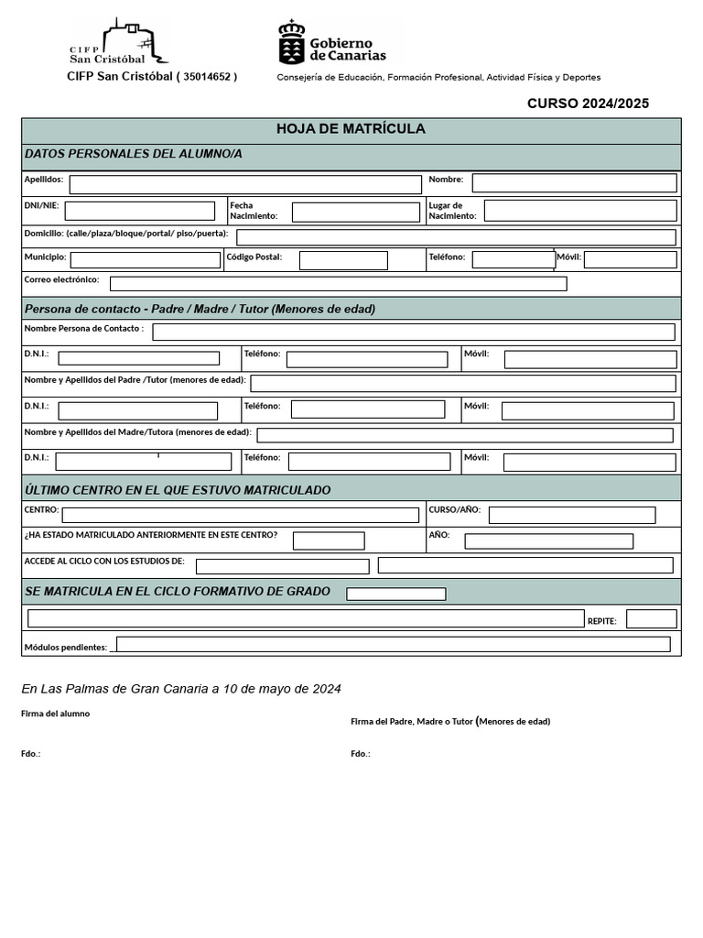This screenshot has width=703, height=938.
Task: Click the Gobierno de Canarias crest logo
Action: pyautogui.click(x=292, y=42)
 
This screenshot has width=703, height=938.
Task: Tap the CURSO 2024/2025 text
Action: pyautogui.click(x=588, y=104)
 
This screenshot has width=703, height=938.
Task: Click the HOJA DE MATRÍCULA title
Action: pyautogui.click(x=351, y=129)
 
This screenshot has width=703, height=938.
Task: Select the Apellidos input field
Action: pyautogui.click(x=245, y=184)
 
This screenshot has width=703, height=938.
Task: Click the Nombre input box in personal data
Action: pyautogui.click(x=574, y=183)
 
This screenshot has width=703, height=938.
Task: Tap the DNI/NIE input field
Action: pyautogui.click(x=140, y=211)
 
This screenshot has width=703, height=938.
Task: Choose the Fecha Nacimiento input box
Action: pyautogui.click(x=355, y=213)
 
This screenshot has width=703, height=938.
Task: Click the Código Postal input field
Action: pyautogui.click(x=343, y=260)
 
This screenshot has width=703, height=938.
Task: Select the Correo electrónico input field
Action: pyautogui.click(x=338, y=283)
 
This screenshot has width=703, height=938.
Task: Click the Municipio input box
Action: pyautogui.click(x=146, y=260)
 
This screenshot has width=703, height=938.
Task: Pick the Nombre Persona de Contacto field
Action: pyautogui.click(x=414, y=332)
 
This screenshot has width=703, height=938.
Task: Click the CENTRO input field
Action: pyautogui.click(x=240, y=515)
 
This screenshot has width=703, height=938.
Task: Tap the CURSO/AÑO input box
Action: pyautogui.click(x=572, y=515)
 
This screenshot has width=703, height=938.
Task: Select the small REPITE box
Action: pyautogui.click(x=652, y=619)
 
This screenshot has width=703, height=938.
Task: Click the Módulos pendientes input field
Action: pyautogui.click(x=393, y=644)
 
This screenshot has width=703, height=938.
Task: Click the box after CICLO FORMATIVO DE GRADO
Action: pyautogui.click(x=396, y=594)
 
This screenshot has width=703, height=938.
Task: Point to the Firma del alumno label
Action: pyautogui.click(x=56, y=714)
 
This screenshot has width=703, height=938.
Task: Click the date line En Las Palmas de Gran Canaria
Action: pyautogui.click(x=181, y=689)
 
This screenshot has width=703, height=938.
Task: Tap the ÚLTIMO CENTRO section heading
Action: pyautogui.click(x=178, y=490)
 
